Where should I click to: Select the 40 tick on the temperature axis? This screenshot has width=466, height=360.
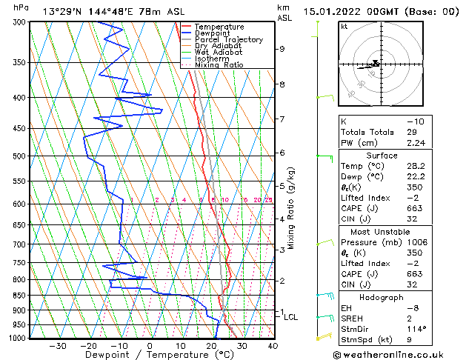(273, 345)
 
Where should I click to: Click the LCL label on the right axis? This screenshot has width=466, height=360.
(291, 317)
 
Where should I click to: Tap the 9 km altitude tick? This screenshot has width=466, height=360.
(282, 49)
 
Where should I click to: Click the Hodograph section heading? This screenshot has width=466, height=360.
(382, 297)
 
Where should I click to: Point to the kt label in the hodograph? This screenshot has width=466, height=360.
(344, 26)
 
